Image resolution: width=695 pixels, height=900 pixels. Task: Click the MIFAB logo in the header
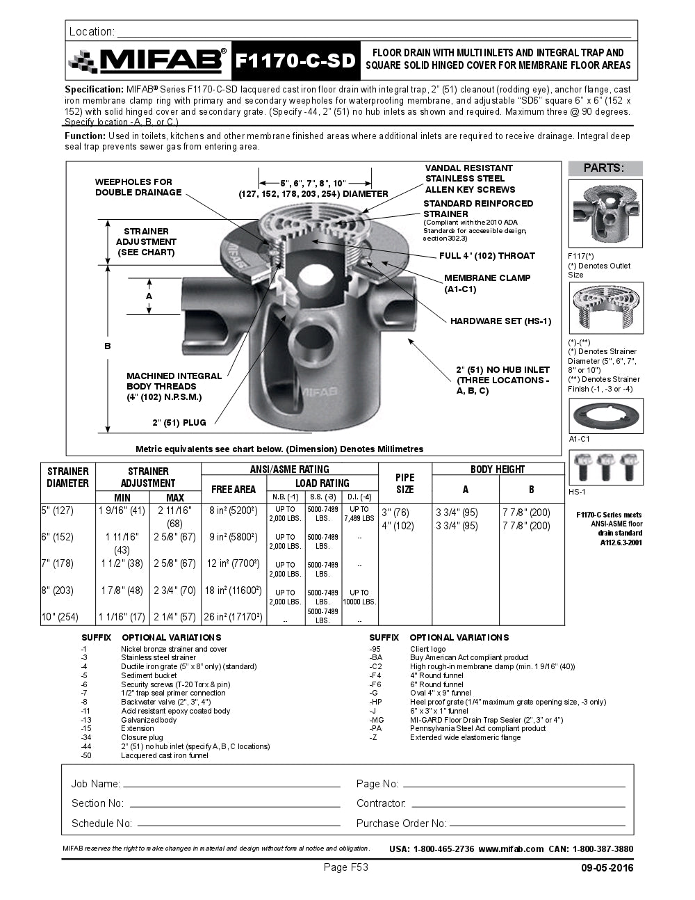point(148,61)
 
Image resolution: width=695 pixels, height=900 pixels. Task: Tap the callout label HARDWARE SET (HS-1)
point(500,321)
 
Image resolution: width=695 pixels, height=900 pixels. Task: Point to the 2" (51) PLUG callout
point(179,423)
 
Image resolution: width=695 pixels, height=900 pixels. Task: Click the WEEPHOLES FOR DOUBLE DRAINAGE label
point(138,187)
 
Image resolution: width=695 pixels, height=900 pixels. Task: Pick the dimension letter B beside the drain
point(108,346)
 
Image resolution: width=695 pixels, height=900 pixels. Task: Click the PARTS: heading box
point(604,168)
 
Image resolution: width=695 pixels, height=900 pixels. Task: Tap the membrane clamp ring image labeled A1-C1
point(605,416)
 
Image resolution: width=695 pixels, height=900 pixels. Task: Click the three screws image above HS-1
point(605,467)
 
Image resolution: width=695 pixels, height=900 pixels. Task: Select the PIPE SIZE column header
point(404,483)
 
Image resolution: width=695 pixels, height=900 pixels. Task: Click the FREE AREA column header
point(234,490)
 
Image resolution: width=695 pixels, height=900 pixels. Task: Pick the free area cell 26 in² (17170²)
point(234,617)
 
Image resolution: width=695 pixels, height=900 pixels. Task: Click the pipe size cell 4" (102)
point(397,526)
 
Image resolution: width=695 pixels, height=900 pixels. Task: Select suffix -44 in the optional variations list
point(86,746)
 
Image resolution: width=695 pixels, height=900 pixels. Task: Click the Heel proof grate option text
point(507,702)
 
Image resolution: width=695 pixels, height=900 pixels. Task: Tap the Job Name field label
point(95,784)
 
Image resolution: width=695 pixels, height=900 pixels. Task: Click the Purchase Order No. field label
point(401,823)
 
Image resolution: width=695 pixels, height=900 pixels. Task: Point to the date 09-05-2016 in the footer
point(607,867)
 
